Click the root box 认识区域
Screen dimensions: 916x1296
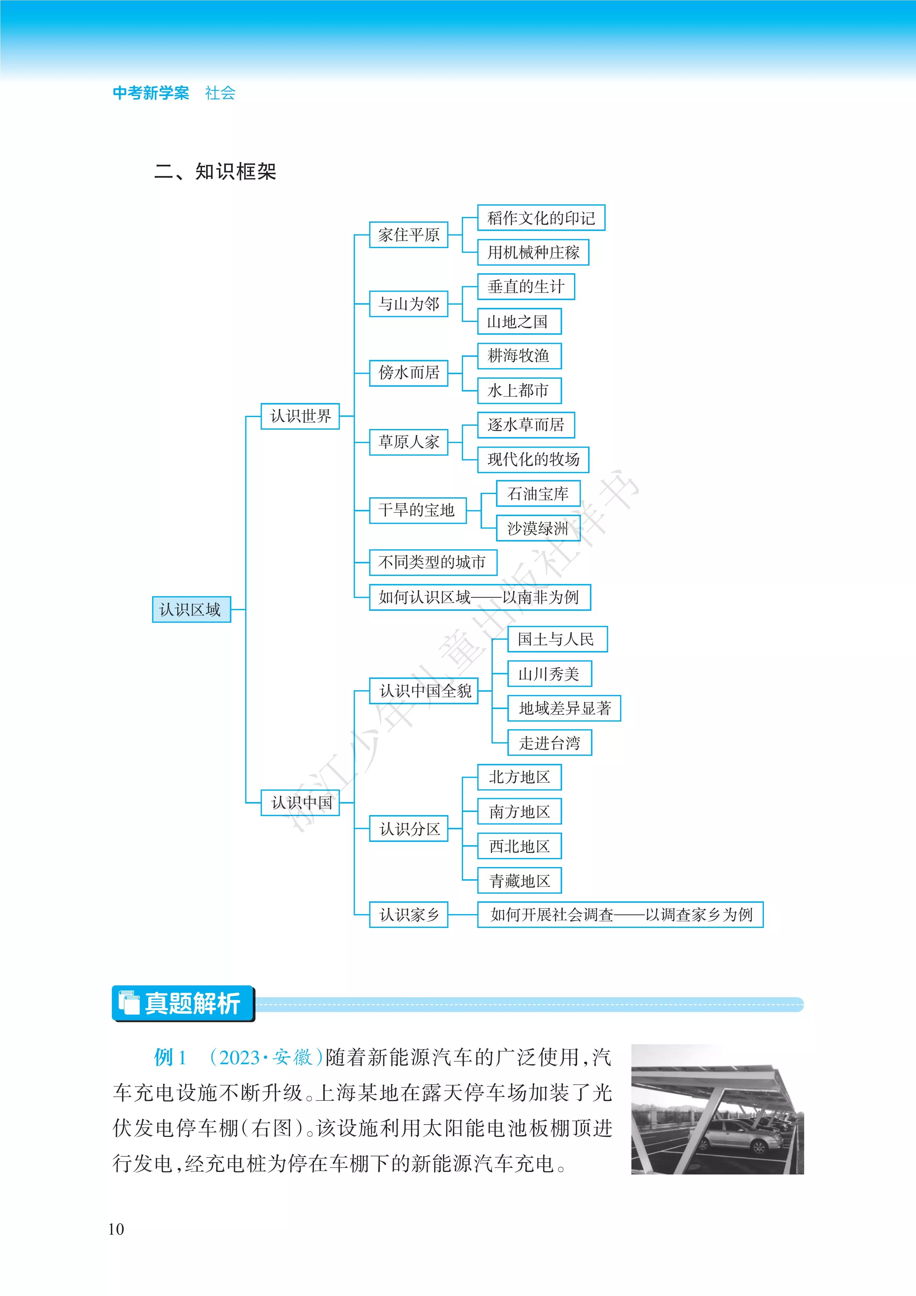(x=191, y=609)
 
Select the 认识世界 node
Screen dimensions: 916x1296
(x=300, y=416)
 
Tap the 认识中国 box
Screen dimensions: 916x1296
(x=300, y=802)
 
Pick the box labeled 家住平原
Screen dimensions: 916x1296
(x=409, y=234)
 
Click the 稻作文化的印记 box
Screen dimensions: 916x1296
(x=541, y=217)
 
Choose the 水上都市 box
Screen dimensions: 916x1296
(x=519, y=390)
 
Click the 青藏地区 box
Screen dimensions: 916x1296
(x=519, y=880)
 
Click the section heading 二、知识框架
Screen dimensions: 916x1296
(x=215, y=171)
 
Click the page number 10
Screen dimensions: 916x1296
(x=116, y=1229)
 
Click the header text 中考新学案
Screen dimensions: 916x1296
(x=151, y=93)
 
